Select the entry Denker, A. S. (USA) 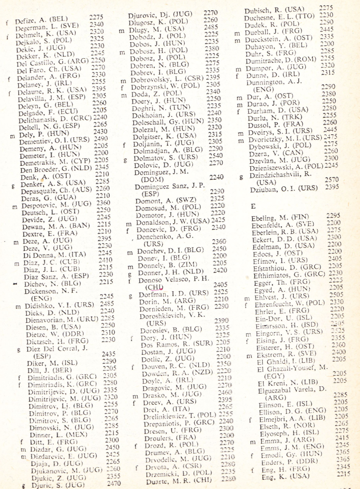pyautogui.click(x=48, y=181)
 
